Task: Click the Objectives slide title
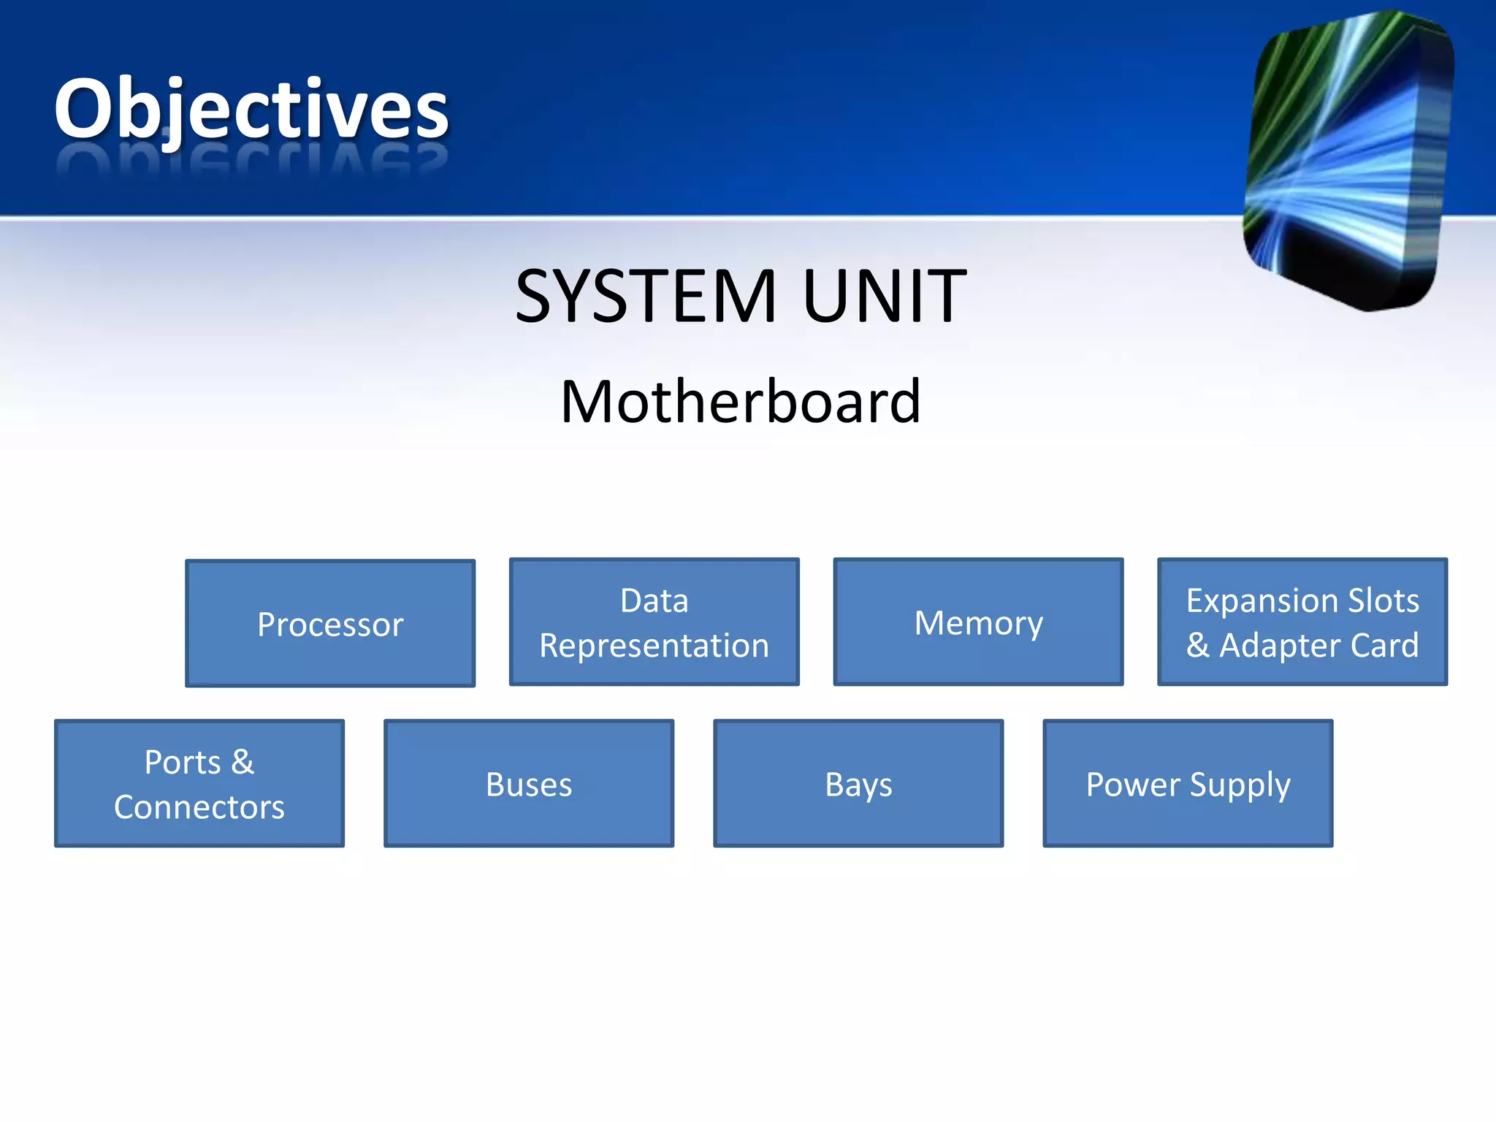pyautogui.click(x=251, y=110)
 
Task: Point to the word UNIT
pyautogui.click(x=885, y=296)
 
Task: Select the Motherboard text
pyautogui.click(x=741, y=402)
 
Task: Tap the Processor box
pyautogui.click(x=330, y=623)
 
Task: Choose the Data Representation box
pyautogui.click(x=654, y=622)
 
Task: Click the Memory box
pyautogui.click(x=978, y=622)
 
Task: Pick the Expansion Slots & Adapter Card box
pyautogui.click(x=1302, y=622)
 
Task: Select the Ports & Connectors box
pyautogui.click(x=199, y=783)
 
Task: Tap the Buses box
pyautogui.click(x=529, y=783)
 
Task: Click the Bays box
pyautogui.click(x=858, y=783)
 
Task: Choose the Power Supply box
pyautogui.click(x=1188, y=783)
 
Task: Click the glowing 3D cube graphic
pyautogui.click(x=1348, y=161)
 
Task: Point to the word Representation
pyautogui.click(x=654, y=646)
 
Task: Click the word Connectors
pyautogui.click(x=199, y=807)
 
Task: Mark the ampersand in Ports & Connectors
pyautogui.click(x=243, y=762)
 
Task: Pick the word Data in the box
pyautogui.click(x=654, y=600)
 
